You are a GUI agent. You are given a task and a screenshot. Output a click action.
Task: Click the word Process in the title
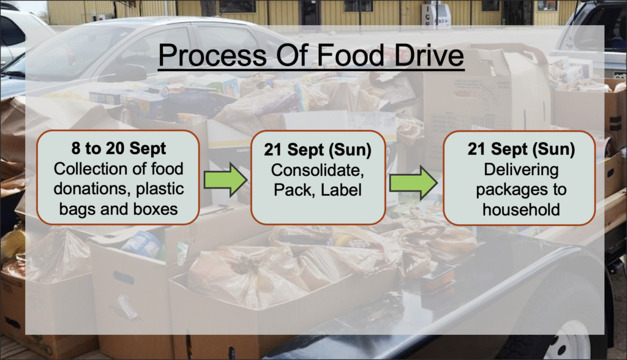coord(212,55)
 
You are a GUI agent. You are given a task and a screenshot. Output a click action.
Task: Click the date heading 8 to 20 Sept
coord(118,148)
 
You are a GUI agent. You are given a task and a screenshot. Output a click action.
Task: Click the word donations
coord(91,189)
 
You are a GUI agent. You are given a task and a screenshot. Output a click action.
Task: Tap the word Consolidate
coord(318,170)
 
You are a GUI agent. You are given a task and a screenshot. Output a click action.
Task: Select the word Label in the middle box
coord(341,190)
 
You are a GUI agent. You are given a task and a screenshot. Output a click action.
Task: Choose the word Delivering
coord(521,170)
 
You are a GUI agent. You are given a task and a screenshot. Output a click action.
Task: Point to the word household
coord(521,209)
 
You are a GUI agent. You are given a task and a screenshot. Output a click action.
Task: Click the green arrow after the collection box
coord(225,181)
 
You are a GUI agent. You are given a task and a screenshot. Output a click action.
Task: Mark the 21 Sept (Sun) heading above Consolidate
coord(318,150)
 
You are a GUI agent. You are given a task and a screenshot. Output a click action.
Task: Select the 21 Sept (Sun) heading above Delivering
coord(521,149)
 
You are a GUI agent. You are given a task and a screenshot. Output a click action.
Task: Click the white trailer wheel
coord(568,344)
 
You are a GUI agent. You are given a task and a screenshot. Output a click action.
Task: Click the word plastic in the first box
coord(160,189)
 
